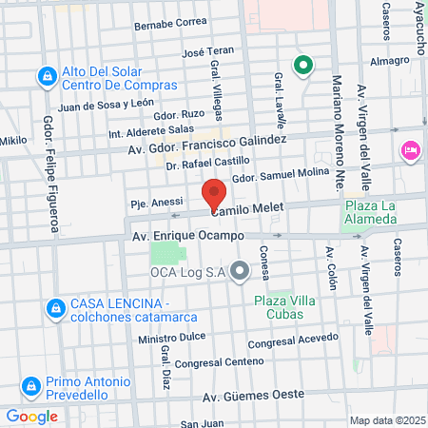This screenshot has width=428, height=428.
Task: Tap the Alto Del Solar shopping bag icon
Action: tap(45, 76)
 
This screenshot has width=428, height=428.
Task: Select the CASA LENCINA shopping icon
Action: tap(56, 308)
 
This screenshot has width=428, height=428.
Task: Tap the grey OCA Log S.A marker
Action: tap(240, 273)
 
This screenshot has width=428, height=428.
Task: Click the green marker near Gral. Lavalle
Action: tap(302, 65)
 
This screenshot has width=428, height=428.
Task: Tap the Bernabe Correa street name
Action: tap(171, 22)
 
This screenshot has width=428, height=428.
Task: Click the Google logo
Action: tap(31, 416)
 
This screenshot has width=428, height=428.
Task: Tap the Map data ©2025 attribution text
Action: tap(386, 420)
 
